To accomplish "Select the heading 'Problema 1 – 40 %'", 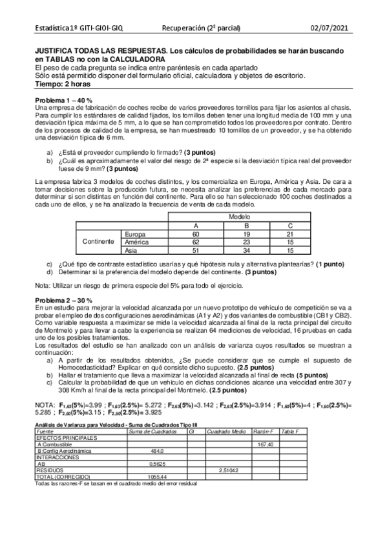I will pyautogui.click(x=63, y=101).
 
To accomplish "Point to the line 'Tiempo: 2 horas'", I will pyautogui.click(x=63, y=84).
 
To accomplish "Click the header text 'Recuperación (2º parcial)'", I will pyautogui.click(x=201, y=28).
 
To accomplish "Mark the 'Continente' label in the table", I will pyautogui.click(x=98, y=242).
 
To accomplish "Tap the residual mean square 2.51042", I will pyautogui.click(x=229, y=470).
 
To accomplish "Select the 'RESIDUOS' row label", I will pyautogui.click(x=50, y=470).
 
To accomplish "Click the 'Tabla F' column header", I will pyautogui.click(x=291, y=432).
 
